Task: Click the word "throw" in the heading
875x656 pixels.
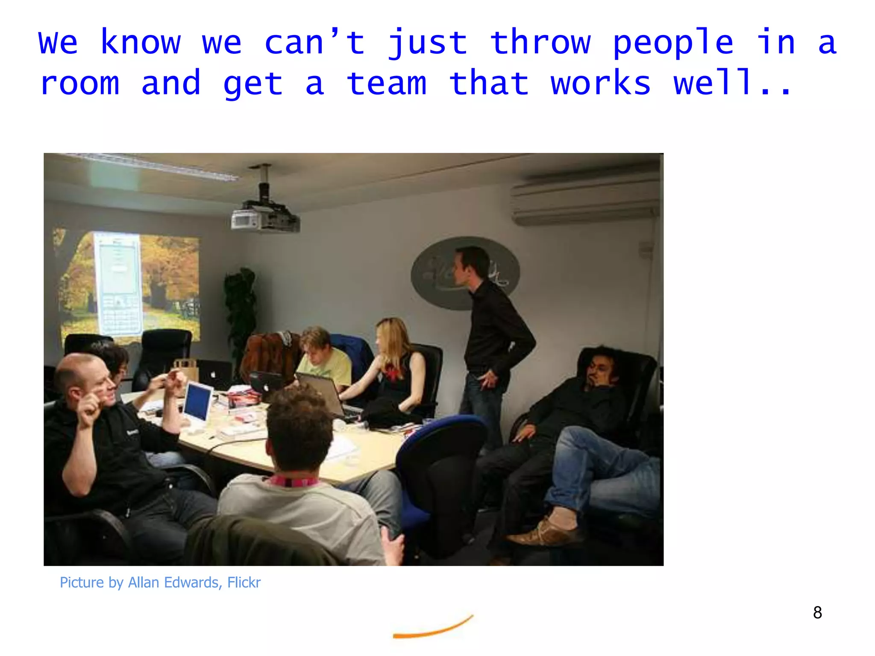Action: pyautogui.click(x=540, y=43)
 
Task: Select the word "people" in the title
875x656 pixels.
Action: pyautogui.click(x=673, y=43)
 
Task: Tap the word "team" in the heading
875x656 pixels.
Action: pyautogui.click(x=387, y=83)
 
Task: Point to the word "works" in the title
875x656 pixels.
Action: pyautogui.click(x=601, y=83)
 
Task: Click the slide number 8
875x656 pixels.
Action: pyautogui.click(x=817, y=612)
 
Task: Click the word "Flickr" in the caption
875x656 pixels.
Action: pyautogui.click(x=244, y=583)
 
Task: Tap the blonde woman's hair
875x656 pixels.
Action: pyautogui.click(x=393, y=342)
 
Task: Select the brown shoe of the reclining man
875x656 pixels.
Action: pyautogui.click(x=543, y=532)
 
